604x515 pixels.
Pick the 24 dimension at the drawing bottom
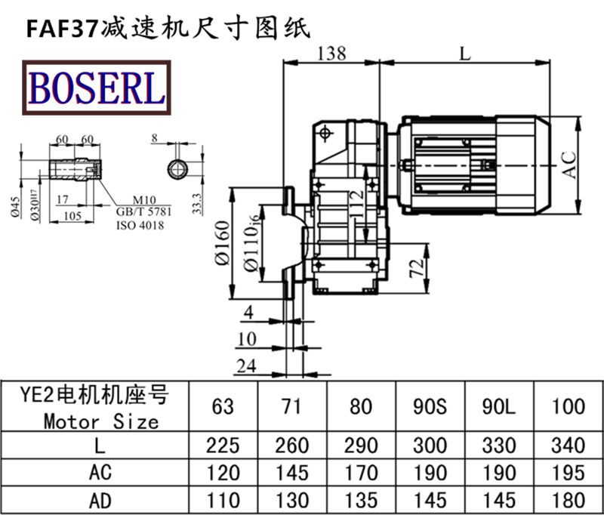coord(247,366)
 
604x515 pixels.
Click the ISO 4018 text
coord(140,225)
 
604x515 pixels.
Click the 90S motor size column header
coord(431,406)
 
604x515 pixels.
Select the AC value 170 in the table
coord(362,473)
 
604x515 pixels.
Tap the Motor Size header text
coord(101,421)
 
